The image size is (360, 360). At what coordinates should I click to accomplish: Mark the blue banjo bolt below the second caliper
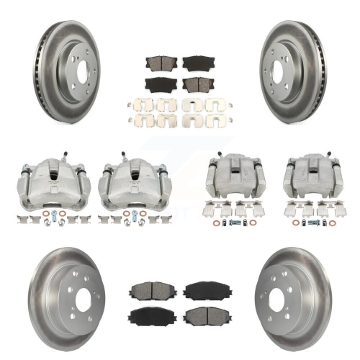[132, 215]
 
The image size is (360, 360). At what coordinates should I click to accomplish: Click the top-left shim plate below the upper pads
[141, 105]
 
